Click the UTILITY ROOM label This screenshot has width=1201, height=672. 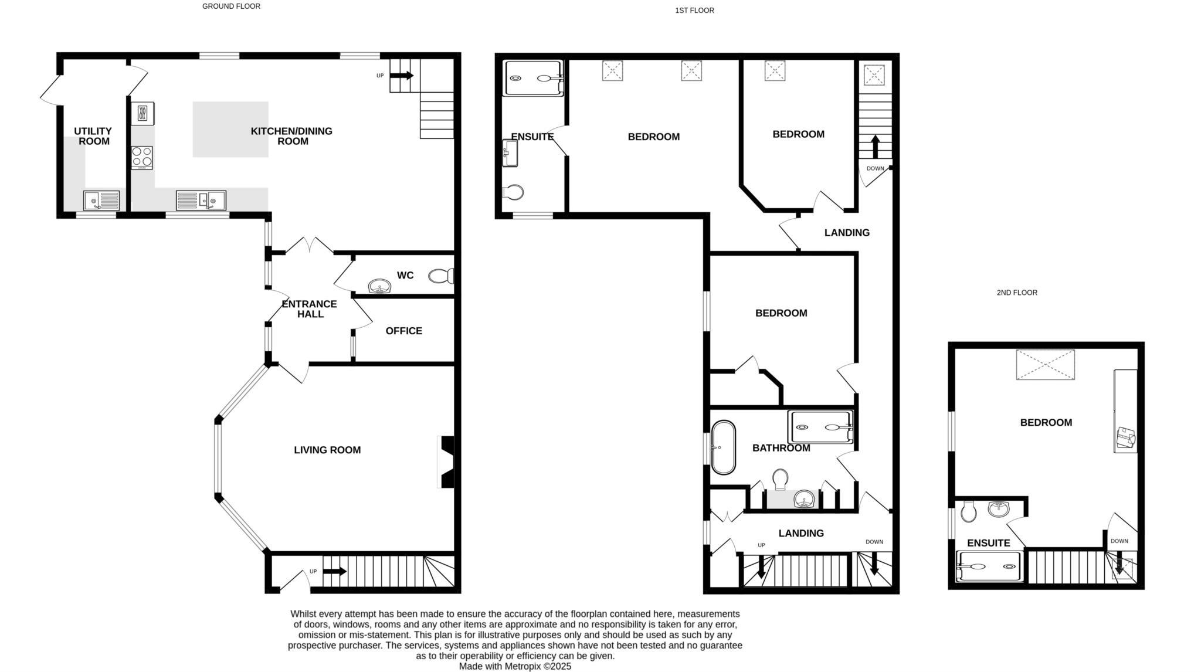click(x=93, y=136)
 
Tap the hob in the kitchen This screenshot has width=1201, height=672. click(x=142, y=157)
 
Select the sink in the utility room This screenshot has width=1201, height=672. click(x=101, y=201)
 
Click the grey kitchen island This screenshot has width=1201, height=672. click(x=230, y=129)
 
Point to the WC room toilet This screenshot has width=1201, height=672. click(x=441, y=276)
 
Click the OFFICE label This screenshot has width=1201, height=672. click(x=403, y=331)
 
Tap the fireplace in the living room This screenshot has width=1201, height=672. click(x=446, y=461)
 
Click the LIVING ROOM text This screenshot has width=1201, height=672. click(x=327, y=450)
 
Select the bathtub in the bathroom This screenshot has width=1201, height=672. click(x=723, y=447)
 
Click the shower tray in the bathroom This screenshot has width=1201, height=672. click(x=820, y=427)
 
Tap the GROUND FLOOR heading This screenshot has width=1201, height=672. click(x=231, y=6)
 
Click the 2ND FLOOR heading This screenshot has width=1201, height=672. click(x=1016, y=293)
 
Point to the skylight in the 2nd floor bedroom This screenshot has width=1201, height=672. click(x=1045, y=365)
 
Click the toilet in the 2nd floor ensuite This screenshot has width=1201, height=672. click(x=969, y=511)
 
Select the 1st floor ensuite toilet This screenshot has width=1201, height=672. click(x=513, y=192)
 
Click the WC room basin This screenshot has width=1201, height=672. click(x=379, y=287)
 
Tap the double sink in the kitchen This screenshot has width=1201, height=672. click(x=201, y=201)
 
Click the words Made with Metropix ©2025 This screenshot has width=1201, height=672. click(x=514, y=666)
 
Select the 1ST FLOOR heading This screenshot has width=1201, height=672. click(x=694, y=11)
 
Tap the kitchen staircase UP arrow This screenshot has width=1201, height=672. click(x=402, y=75)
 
